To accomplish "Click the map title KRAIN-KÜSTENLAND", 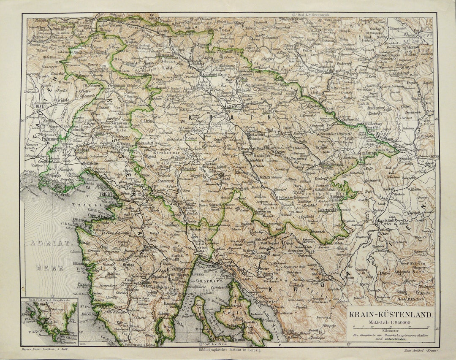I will pos(390,314).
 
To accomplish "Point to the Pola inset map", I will pos(49,322).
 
